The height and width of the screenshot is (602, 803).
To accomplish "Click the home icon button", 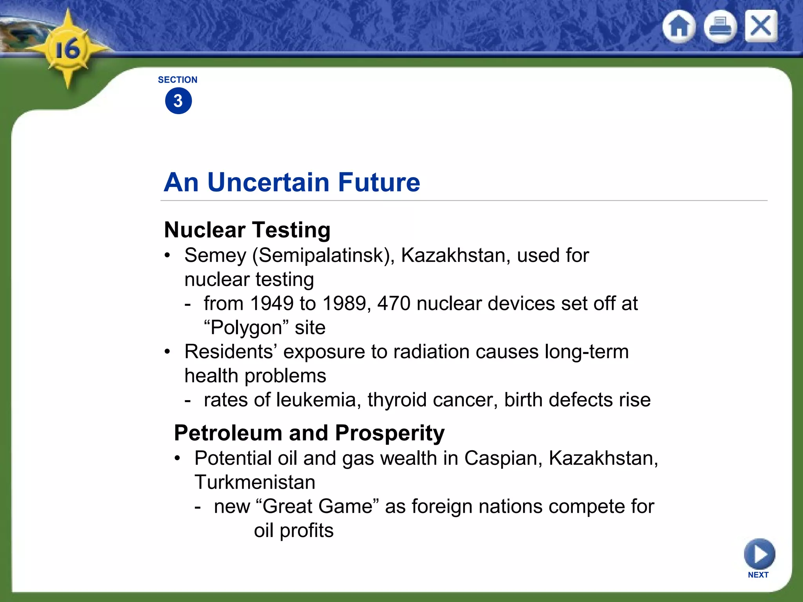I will point(679,27).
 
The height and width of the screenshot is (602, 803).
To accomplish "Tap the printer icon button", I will point(720,27).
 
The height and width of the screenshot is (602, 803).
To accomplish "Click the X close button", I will point(761,26).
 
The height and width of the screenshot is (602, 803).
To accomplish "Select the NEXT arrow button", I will point(759,554).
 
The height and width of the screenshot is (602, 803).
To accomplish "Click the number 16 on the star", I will point(67,50).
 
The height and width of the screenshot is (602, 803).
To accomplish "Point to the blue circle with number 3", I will point(178,101).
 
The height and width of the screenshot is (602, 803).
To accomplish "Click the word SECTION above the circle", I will point(178,80).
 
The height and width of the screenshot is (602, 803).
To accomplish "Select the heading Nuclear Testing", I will point(247,230).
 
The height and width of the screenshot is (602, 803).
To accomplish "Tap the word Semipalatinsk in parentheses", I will point(323,256).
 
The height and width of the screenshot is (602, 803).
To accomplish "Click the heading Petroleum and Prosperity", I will point(309,433).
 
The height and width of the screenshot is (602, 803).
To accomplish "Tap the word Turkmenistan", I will point(255,482).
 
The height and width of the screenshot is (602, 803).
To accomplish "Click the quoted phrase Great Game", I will point(318,506).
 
